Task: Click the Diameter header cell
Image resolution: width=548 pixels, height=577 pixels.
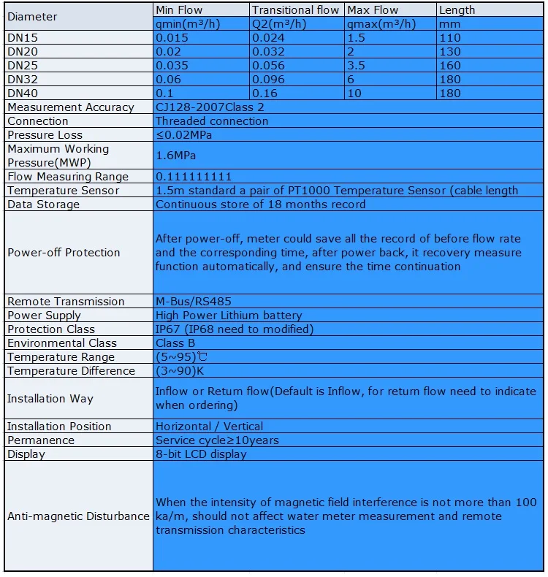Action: click(33, 17)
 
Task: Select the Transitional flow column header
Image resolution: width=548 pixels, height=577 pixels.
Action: click(295, 10)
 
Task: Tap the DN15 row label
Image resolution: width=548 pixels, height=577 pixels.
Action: click(22, 38)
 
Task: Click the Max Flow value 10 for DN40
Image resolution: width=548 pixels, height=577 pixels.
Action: click(354, 93)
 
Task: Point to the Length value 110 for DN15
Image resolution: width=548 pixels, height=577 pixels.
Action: click(450, 38)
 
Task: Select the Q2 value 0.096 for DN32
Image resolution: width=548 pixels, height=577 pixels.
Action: click(269, 80)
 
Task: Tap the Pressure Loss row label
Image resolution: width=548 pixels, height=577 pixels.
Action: click(45, 135)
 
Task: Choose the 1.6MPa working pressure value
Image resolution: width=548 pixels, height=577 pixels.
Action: click(176, 156)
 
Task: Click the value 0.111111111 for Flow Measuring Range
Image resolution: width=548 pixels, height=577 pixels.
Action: click(194, 177)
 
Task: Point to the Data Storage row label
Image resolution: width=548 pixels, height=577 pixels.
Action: click(44, 205)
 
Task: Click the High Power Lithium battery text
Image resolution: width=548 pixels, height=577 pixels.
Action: click(229, 316)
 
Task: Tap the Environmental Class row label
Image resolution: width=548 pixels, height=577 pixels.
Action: click(62, 343)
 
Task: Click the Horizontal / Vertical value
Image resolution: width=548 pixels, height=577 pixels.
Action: click(210, 427)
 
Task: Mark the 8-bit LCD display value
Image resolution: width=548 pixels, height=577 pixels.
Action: click(201, 454)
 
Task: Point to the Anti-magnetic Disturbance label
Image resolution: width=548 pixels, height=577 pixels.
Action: click(78, 516)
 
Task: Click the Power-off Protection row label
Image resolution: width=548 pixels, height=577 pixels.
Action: click(64, 253)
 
